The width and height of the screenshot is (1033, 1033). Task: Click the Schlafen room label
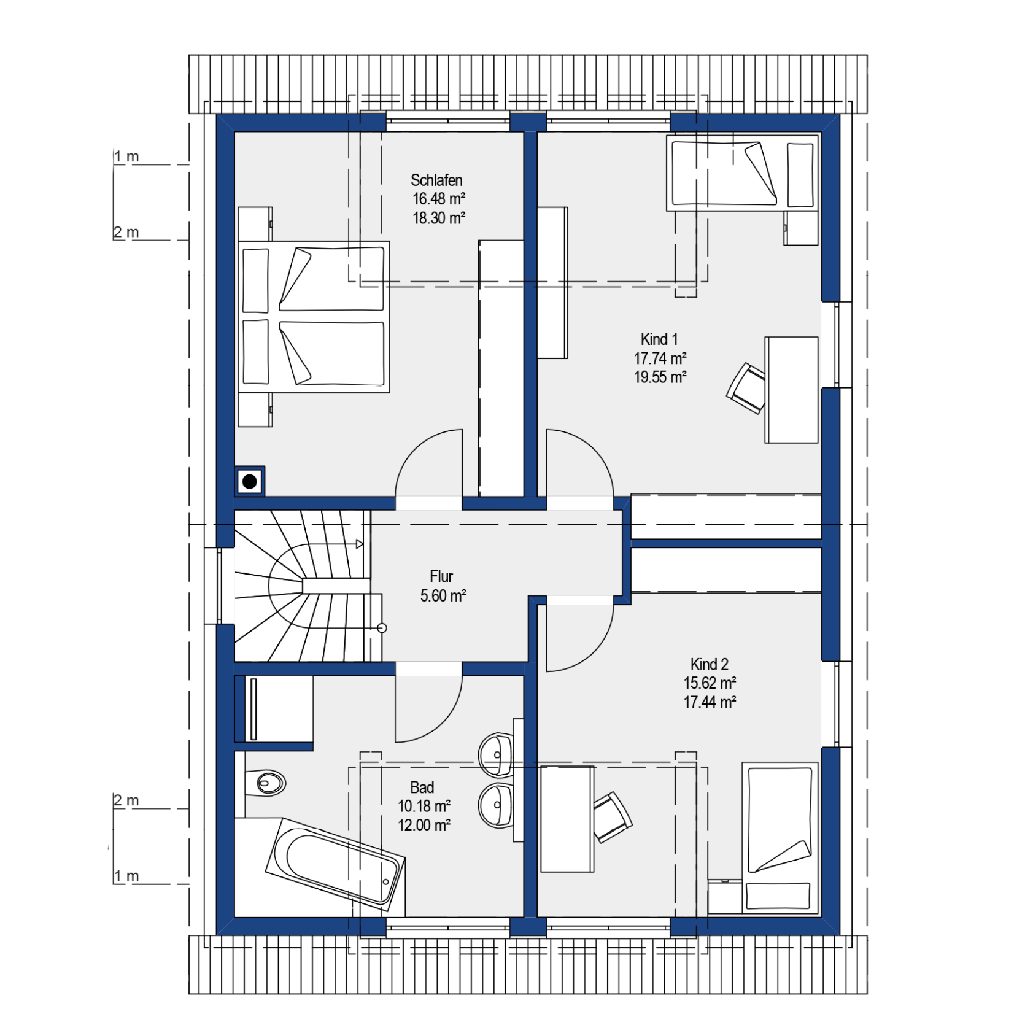coord(436,180)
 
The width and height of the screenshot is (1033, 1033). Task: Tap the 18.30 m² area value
coord(438,218)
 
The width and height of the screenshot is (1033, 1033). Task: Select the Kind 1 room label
coord(659,339)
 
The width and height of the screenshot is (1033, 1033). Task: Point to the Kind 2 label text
coord(709,664)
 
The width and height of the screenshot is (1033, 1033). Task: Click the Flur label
coord(441,576)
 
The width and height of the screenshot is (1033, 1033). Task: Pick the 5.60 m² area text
coord(443,595)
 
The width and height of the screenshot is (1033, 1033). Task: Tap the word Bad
coord(422,787)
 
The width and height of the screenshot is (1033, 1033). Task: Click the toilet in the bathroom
coord(265,783)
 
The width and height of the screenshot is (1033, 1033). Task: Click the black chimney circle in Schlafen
coord(250,482)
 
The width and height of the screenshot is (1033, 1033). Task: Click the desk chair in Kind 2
coord(612,817)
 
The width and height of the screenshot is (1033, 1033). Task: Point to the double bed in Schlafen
coord(314,317)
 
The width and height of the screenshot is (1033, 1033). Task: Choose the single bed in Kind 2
coord(780,838)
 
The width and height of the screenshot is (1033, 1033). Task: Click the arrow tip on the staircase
coord(363,544)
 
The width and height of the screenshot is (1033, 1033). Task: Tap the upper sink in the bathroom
coord(497,755)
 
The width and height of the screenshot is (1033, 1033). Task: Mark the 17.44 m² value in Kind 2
coord(710,702)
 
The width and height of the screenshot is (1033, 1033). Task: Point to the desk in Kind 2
coord(567,819)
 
